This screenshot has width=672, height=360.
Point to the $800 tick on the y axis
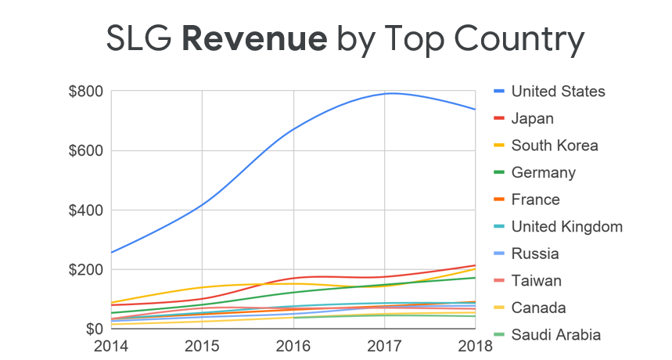[86, 92]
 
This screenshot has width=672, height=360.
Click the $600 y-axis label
[86, 151]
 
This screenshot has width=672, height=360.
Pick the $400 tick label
[86, 211]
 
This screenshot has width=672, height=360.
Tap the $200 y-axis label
[86, 270]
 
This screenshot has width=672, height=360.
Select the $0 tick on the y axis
[92, 329]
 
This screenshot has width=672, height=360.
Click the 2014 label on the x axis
[110, 345]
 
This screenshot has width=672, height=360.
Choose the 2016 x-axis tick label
[294, 345]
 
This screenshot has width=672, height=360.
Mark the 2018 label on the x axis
[476, 345]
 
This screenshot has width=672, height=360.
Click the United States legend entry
[558, 92]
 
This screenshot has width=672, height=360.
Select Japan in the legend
[532, 119]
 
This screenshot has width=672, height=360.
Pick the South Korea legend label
[554, 146]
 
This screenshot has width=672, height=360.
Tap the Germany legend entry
[543, 173]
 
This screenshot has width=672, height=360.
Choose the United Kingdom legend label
[566, 227]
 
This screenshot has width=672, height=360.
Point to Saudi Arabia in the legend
[555, 335]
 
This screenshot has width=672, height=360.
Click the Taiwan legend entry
[536, 281]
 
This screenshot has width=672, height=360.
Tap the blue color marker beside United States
[498, 92]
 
